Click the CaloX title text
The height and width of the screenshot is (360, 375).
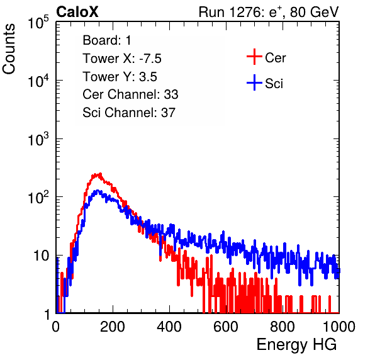(77, 12)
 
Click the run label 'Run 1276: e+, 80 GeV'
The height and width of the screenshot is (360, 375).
(269, 12)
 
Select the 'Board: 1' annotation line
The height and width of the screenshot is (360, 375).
(107, 40)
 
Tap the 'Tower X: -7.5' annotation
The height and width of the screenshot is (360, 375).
(122, 59)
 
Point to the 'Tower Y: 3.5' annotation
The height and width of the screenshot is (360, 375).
(120, 77)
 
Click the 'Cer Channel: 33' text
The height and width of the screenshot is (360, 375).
(130, 94)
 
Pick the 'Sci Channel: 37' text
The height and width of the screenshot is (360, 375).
(129, 113)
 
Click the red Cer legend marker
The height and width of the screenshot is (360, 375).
(254, 57)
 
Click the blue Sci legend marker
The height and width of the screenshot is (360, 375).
(254, 82)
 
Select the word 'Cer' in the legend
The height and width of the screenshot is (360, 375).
(275, 58)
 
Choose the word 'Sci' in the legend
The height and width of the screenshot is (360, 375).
(274, 84)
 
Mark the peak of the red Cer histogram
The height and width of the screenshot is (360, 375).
(100, 174)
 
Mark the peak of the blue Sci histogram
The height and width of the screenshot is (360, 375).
(98, 191)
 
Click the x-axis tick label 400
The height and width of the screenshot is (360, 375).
(169, 327)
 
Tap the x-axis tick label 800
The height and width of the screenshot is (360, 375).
(283, 327)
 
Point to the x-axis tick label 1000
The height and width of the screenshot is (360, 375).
(339, 327)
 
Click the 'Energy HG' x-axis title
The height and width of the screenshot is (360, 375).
(296, 345)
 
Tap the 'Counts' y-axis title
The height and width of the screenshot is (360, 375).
(9, 49)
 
